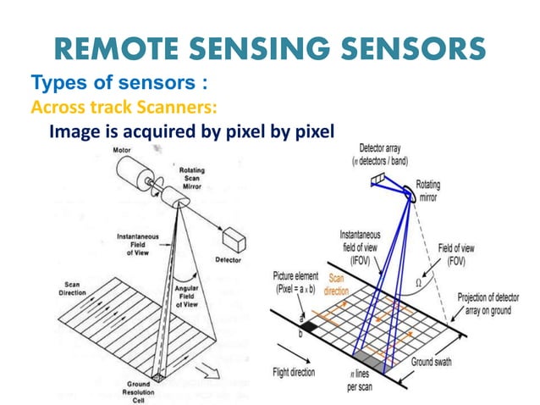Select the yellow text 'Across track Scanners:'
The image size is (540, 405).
[x=124, y=108]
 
